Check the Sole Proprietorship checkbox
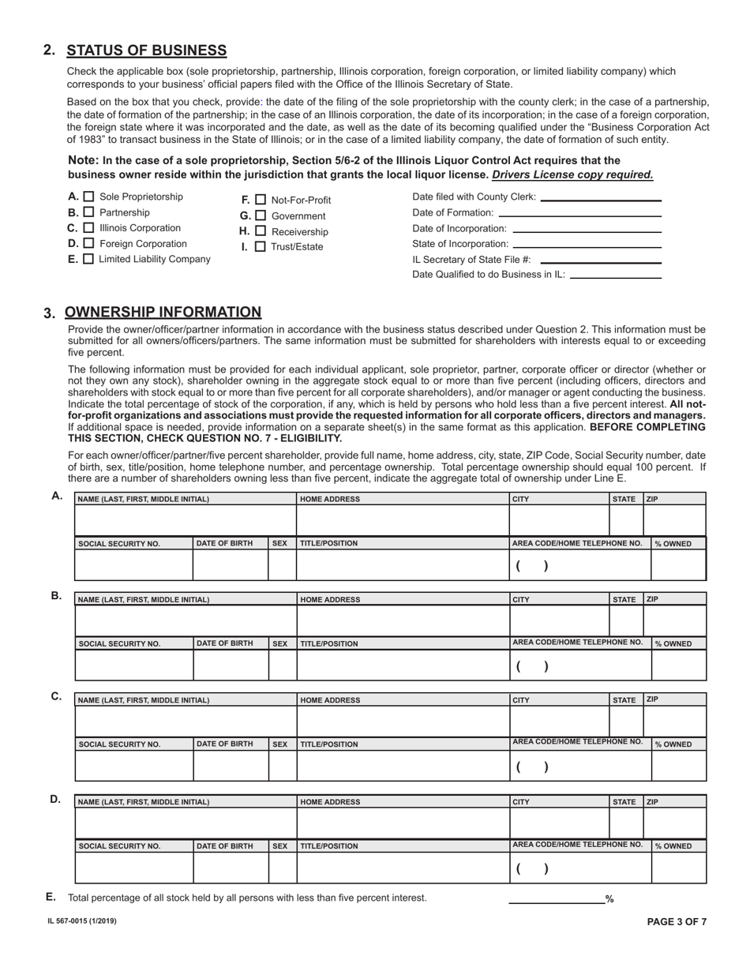pyautogui.click(x=89, y=197)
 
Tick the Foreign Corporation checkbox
pyautogui.click(x=88, y=244)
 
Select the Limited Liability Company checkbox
pyautogui.click(x=88, y=259)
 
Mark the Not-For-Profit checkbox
pyautogui.click(x=261, y=201)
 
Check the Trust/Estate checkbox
pyautogui.click(x=261, y=247)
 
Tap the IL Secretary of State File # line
pyautogui.click(x=601, y=261)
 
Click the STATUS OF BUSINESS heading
pyautogui.click(x=146, y=51)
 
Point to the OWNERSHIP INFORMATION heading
pyautogui.click(x=163, y=312)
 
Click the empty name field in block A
pyautogui.click(x=186, y=521)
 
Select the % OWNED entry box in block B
pyautogui.click(x=678, y=665)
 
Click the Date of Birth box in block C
pyautogui.click(x=231, y=765)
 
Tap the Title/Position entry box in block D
pyautogui.click(x=403, y=867)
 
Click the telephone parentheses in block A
pyautogui.click(x=532, y=566)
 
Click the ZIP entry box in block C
pyautogui.click(x=674, y=721)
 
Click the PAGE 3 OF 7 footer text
pyautogui.click(x=677, y=921)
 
